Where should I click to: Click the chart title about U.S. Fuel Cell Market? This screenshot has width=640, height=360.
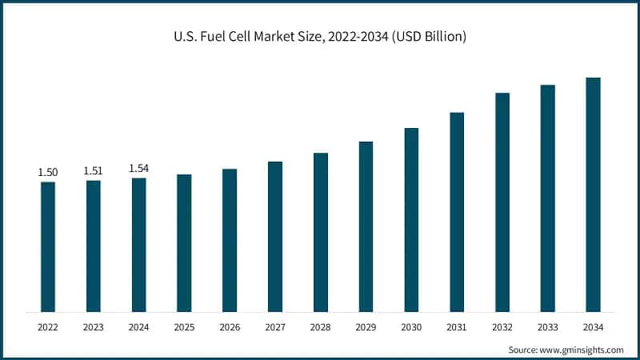[x=320, y=37]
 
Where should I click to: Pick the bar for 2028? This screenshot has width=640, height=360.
[x=321, y=232]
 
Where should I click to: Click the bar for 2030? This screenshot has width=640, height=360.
[x=411, y=219]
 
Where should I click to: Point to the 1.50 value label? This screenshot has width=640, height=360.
[x=48, y=173]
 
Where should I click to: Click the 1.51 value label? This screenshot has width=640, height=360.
[x=94, y=171]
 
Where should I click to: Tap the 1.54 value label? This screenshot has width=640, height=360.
[x=139, y=168]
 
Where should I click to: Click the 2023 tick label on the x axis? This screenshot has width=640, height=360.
[x=94, y=327]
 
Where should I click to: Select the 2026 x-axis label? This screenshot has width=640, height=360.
[x=230, y=327]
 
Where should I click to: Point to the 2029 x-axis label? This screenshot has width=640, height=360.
[x=366, y=327]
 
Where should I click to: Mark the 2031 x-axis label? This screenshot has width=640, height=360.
[x=457, y=327]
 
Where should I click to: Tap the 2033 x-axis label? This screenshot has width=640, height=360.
[x=547, y=327]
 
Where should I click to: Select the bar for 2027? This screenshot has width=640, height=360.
[x=275, y=236]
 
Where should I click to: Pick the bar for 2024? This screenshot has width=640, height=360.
[x=139, y=244]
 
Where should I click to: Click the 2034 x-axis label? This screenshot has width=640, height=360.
[x=593, y=327]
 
